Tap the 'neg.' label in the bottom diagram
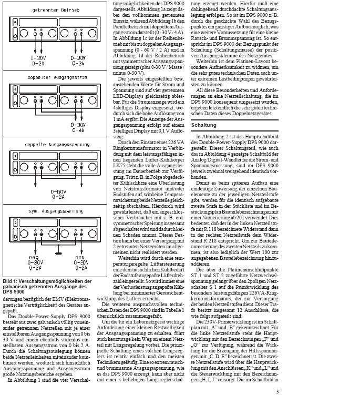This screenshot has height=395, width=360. point(33,257)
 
